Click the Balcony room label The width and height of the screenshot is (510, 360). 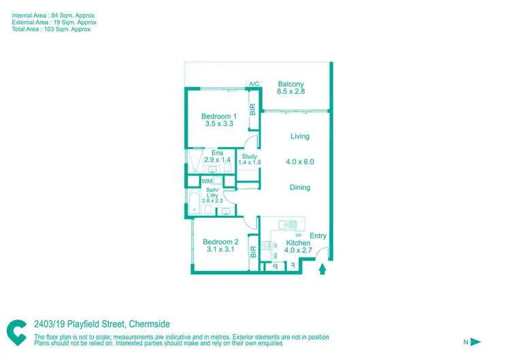[x=290, y=84]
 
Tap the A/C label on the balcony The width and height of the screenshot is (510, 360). [x=254, y=84]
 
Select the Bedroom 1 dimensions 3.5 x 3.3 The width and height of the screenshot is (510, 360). [x=218, y=124]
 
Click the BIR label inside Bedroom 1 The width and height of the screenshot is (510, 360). [x=252, y=109]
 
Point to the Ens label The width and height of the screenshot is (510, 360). [x=218, y=153]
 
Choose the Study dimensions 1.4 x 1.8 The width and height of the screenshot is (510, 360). [x=250, y=163]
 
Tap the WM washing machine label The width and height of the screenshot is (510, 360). [x=206, y=181]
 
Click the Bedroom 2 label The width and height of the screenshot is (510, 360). [x=220, y=242]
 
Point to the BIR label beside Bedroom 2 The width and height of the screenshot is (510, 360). [x=253, y=252]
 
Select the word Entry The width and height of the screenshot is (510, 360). [x=318, y=236]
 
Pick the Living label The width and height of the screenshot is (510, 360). [x=300, y=136]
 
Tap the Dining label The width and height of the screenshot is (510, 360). [x=300, y=187]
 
